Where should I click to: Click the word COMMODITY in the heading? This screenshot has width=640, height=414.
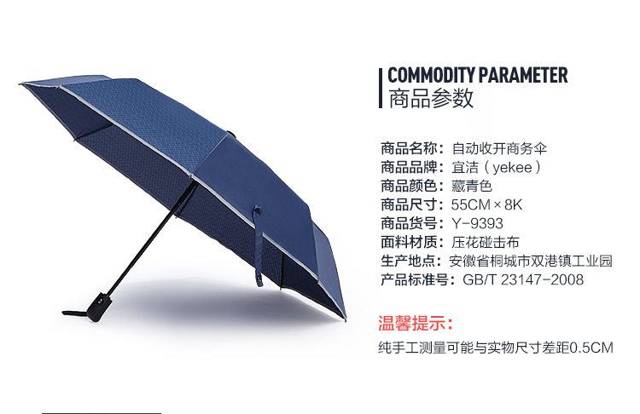[431, 75]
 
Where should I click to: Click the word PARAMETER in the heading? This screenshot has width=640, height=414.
[523, 75]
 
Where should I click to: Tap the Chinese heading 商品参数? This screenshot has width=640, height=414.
[431, 98]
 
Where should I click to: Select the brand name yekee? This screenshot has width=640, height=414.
[513, 168]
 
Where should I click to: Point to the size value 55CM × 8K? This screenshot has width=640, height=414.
[486, 204]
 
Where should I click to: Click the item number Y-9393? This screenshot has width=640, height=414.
[477, 223]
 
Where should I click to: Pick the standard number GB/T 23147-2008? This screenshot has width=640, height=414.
[523, 279]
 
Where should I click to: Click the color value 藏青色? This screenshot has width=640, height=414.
[471, 186]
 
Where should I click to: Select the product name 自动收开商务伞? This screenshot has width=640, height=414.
[499, 148]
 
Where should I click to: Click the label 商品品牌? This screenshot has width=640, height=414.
[409, 168]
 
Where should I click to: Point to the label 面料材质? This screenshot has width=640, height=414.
[409, 242]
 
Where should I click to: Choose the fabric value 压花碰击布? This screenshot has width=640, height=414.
[485, 242]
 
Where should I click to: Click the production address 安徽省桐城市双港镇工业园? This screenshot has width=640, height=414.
[531, 261]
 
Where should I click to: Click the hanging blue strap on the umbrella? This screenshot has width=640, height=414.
[259, 245]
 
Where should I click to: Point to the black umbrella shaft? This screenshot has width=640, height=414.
[152, 238]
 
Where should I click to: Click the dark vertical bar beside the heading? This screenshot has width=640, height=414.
[381, 88]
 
